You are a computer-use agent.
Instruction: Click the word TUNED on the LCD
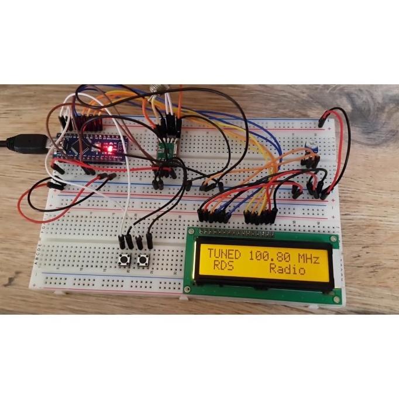click(x=223, y=256)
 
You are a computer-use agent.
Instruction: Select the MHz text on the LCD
click(x=308, y=256)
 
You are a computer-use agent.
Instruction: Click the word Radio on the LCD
click(x=287, y=270)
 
